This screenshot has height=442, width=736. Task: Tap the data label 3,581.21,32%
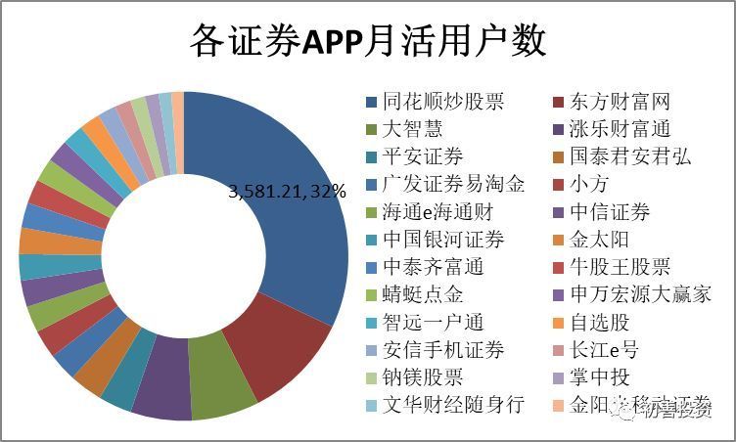288,192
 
